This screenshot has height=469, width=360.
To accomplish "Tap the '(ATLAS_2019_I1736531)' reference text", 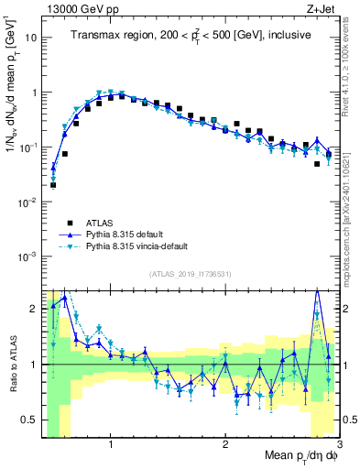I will point(190,274).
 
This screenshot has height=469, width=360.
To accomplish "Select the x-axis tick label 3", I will point(338,443).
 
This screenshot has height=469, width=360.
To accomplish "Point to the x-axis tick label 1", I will point(111,443).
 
